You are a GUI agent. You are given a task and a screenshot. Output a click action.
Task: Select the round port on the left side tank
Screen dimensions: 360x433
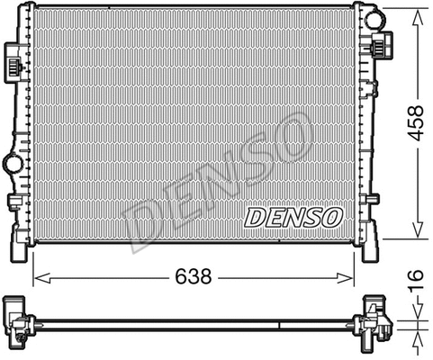pyautogui.click(x=14, y=164)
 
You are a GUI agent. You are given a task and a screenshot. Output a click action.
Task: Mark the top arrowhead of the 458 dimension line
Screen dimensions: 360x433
pyautogui.click(x=417, y=13)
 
